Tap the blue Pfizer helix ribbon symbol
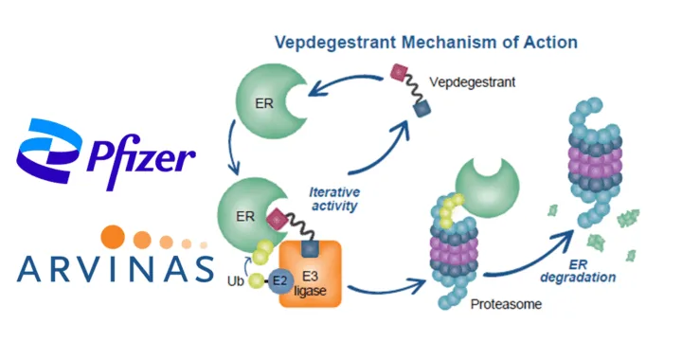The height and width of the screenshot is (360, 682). click(x=49, y=150)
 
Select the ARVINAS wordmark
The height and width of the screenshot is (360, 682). click(x=116, y=269)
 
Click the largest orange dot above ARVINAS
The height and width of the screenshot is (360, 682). click(x=113, y=237)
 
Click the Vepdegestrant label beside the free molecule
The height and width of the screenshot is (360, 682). click(x=472, y=82)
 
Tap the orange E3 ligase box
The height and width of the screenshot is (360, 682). click(x=310, y=274)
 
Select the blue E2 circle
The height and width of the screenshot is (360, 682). click(x=280, y=281)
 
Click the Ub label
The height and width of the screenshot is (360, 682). click(x=235, y=281)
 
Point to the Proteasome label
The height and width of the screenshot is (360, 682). click(x=506, y=304)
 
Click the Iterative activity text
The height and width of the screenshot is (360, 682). click(x=334, y=199)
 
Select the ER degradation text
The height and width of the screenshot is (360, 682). click(x=578, y=271)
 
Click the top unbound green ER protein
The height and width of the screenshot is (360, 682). click(x=270, y=101)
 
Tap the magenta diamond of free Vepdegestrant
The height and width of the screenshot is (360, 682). click(x=399, y=72)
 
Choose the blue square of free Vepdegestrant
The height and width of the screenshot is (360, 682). click(x=422, y=108)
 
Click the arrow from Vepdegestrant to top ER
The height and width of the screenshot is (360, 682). click(x=346, y=81)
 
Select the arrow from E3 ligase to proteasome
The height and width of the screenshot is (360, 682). click(x=386, y=288)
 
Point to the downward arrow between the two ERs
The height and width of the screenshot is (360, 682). click(x=232, y=148)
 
